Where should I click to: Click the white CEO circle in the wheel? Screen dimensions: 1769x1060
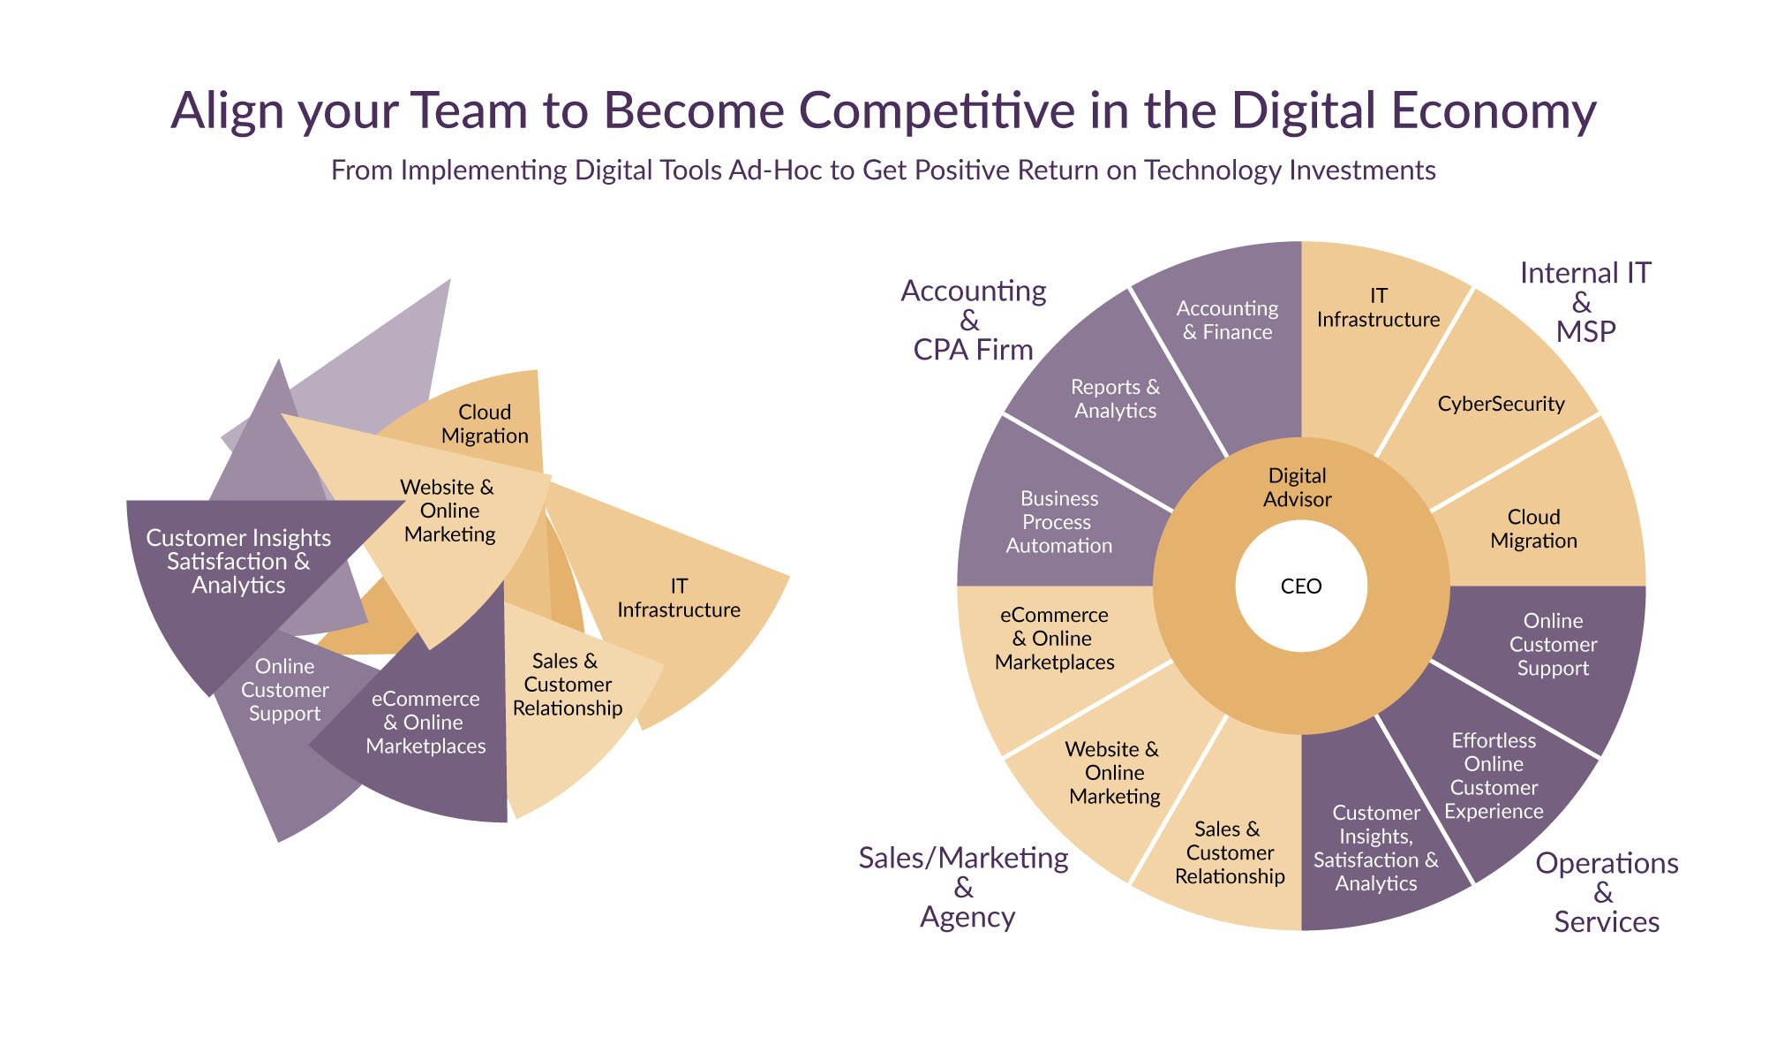(1301, 586)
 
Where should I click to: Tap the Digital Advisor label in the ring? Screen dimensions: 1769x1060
(1297, 488)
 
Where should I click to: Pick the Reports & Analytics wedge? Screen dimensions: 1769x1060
(1114, 397)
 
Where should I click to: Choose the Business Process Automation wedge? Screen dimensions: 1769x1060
(1059, 522)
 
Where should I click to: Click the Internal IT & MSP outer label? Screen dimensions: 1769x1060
(1585, 302)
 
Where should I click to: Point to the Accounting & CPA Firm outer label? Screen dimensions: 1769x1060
(973, 320)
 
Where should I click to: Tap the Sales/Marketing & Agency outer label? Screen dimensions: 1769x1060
(964, 887)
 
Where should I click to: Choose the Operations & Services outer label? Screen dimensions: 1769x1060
(1607, 892)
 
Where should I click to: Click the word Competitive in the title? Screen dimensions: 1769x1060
(937, 111)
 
